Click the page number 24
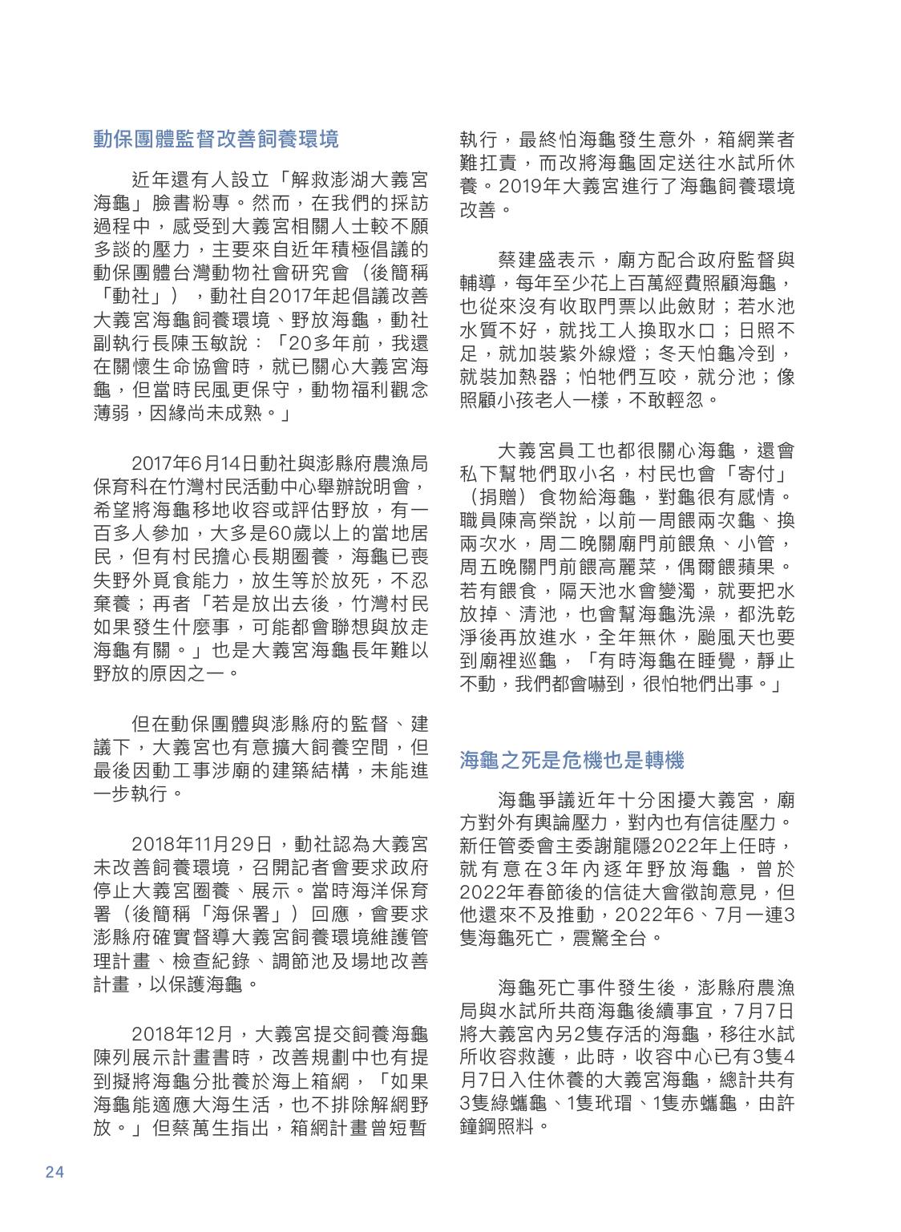[55, 1172]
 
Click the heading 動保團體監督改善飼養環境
[216, 139]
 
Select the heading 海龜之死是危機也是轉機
[572, 760]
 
